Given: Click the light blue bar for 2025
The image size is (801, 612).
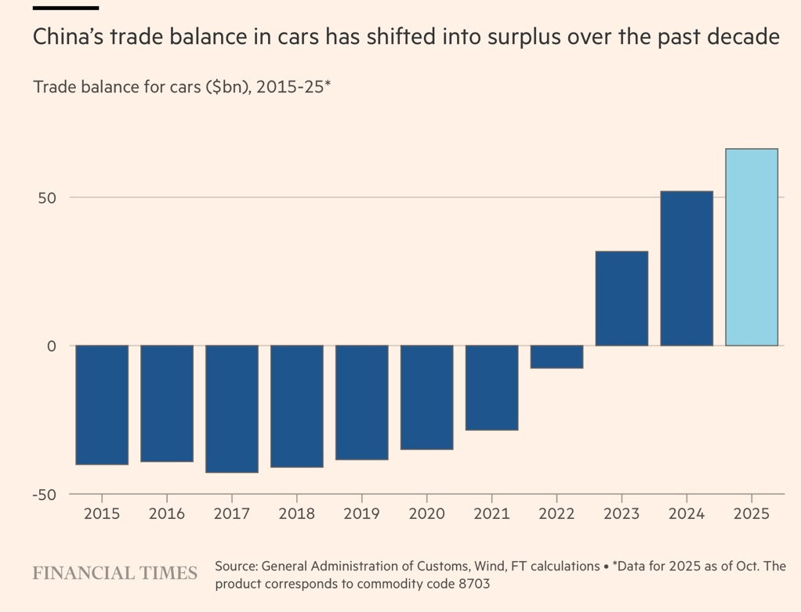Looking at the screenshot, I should pyautogui.click(x=752, y=247).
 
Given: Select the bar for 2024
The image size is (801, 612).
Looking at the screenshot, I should pyautogui.click(x=687, y=268).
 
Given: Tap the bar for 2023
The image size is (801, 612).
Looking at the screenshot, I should pyautogui.click(x=622, y=299).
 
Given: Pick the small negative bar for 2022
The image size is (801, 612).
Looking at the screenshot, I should pyautogui.click(x=556, y=357).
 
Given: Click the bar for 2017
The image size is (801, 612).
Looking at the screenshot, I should pyautogui.click(x=232, y=408).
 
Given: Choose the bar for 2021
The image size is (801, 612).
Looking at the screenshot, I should pyautogui.click(x=491, y=387).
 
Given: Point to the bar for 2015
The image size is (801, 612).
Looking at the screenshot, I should pyautogui.click(x=102, y=404).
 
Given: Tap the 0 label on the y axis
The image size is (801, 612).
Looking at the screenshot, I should pyautogui.click(x=52, y=346).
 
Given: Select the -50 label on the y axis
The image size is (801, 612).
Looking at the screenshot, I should pyautogui.click(x=45, y=494).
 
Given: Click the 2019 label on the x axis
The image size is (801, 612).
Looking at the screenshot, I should pyautogui.click(x=361, y=514).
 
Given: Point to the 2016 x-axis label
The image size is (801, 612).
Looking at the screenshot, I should pyautogui.click(x=167, y=514).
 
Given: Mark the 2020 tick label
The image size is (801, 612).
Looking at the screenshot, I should pyautogui.click(x=426, y=514).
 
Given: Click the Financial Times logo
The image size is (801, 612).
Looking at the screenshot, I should pyautogui.click(x=114, y=574).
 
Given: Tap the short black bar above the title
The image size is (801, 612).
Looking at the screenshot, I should pyautogui.click(x=66, y=8).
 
